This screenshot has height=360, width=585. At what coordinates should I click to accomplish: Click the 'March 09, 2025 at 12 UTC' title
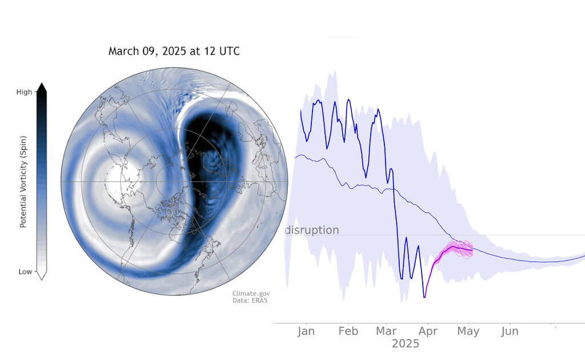(174, 51)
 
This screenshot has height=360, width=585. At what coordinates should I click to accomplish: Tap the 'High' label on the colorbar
(24, 91)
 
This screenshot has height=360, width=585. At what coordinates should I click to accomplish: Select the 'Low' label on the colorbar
(25, 272)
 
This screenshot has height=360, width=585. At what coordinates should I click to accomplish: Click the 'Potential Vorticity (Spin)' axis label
(23, 182)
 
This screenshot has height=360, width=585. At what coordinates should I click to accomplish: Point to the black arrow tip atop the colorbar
(41, 87)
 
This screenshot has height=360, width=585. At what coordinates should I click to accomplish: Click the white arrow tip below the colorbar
(41, 276)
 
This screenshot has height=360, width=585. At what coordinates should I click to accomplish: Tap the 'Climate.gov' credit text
(251, 294)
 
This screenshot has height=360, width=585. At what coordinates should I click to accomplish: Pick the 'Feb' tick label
(348, 331)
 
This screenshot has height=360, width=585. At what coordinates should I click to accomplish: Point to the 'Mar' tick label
(387, 331)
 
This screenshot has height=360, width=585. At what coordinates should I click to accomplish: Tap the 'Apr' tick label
(428, 331)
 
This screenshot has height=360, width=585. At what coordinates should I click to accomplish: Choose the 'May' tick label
(468, 331)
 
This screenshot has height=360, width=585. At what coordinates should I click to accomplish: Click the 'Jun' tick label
(510, 331)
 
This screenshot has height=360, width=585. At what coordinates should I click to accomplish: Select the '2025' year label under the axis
(405, 344)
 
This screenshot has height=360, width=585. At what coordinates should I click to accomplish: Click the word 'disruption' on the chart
(312, 230)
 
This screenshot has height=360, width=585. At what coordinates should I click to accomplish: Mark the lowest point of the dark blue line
(424, 297)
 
